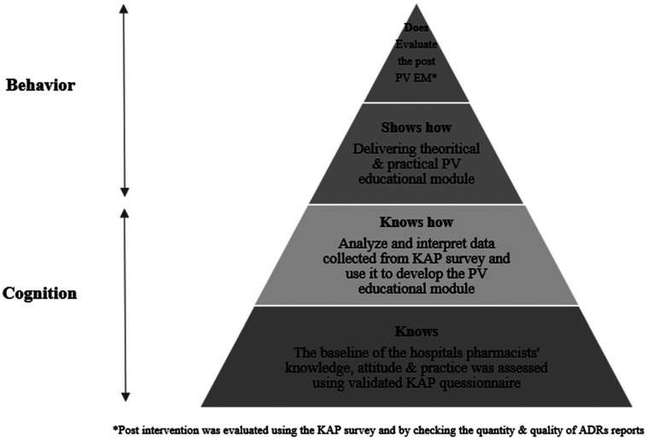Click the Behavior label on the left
click(x=42, y=85)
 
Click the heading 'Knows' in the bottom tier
click(x=416, y=330)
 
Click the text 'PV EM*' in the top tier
click(x=416, y=81)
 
